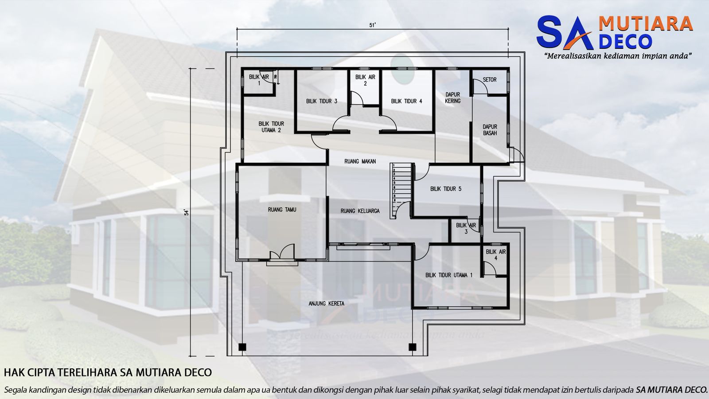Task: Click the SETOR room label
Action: [490, 80]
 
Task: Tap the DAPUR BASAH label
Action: [490, 130]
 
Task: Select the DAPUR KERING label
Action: [452, 98]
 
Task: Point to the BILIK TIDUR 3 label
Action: [322, 101]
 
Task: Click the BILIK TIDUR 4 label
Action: [406, 101]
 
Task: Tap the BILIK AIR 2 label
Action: [365, 80]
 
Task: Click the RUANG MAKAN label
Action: [360, 161]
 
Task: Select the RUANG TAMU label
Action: [282, 210]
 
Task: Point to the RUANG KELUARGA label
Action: [360, 211]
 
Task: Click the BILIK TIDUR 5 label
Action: [446, 189]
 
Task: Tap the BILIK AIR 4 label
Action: [495, 255]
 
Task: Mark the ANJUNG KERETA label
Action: [327, 304]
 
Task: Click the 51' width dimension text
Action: [372, 25]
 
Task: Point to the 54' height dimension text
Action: [187, 212]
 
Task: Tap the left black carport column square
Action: [242, 347]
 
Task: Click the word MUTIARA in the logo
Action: [645, 24]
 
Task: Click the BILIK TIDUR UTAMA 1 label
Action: [449, 275]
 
